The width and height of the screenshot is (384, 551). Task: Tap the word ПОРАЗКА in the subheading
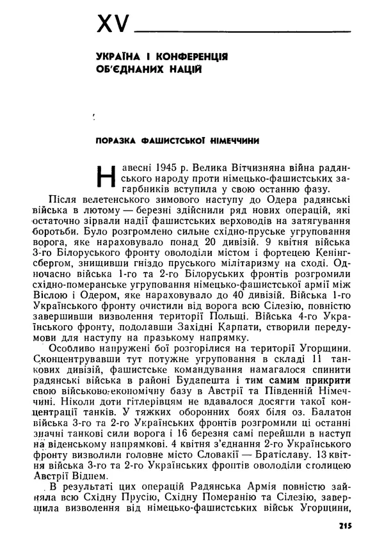click(x=115, y=141)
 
